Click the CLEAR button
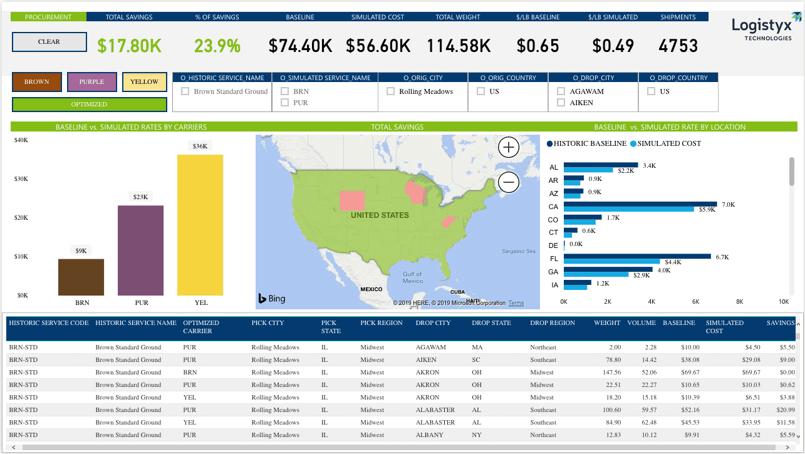click(x=49, y=42)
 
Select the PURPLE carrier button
click(x=91, y=82)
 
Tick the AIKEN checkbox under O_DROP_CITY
click(x=561, y=103)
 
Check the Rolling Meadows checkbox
click(x=391, y=91)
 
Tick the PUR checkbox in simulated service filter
click(x=284, y=103)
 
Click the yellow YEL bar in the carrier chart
click(x=200, y=225)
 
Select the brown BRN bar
click(x=81, y=277)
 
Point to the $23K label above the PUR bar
click(x=140, y=197)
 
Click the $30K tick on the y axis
click(x=21, y=179)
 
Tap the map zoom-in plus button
click(x=509, y=147)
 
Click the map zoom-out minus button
click(x=509, y=182)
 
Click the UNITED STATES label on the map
click(x=380, y=215)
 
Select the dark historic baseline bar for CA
click(x=640, y=204)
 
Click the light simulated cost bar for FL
click(x=612, y=262)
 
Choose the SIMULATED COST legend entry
click(x=665, y=143)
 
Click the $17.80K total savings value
click(x=130, y=46)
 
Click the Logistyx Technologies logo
click(x=765, y=26)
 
